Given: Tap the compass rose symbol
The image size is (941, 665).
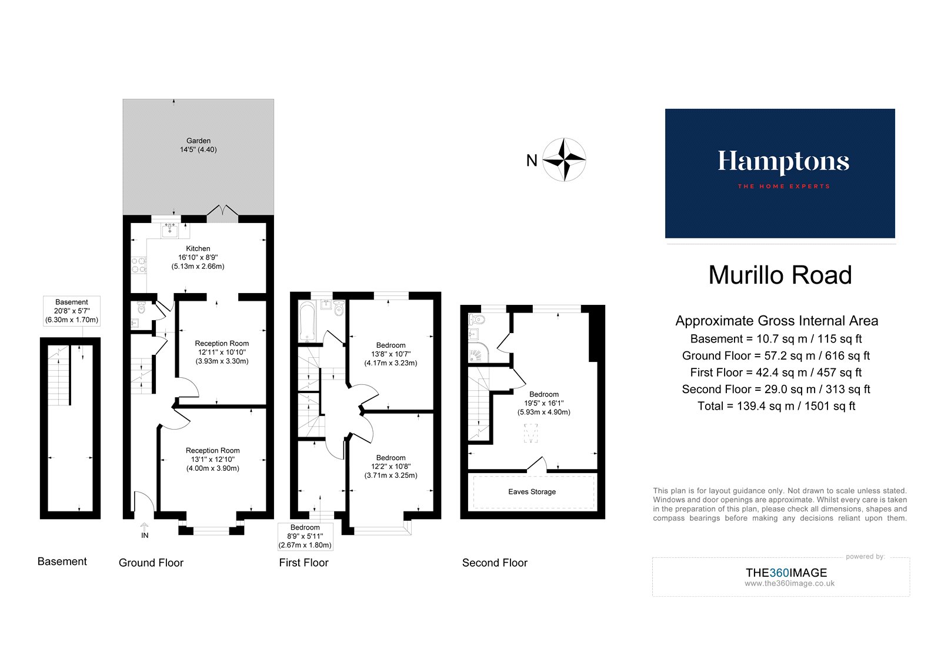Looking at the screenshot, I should tap(564, 159).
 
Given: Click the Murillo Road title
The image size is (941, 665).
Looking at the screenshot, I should tap(780, 275).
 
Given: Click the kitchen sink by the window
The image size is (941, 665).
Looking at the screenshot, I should tap(170, 230).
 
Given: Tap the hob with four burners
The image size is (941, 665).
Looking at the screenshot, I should tap(139, 265).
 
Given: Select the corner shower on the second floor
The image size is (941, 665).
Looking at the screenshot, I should tap(478, 354).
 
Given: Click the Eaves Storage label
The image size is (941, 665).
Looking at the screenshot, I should tap(532, 492).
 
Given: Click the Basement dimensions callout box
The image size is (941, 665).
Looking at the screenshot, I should tap(72, 311).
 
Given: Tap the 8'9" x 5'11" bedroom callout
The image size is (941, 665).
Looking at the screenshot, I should tap(305, 536).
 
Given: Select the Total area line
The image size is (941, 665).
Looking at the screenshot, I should tap(776, 406).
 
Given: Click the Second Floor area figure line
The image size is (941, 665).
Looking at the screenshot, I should tap(776, 389).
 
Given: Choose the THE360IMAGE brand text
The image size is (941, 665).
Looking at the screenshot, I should tap(786, 573).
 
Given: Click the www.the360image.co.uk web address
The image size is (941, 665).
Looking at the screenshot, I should tap(789, 584).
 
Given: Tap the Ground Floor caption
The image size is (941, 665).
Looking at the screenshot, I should tap(151, 563).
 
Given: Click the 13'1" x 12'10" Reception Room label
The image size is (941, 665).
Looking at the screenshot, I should tap(213, 460).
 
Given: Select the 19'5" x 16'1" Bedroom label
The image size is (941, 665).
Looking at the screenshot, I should tap(544, 403).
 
